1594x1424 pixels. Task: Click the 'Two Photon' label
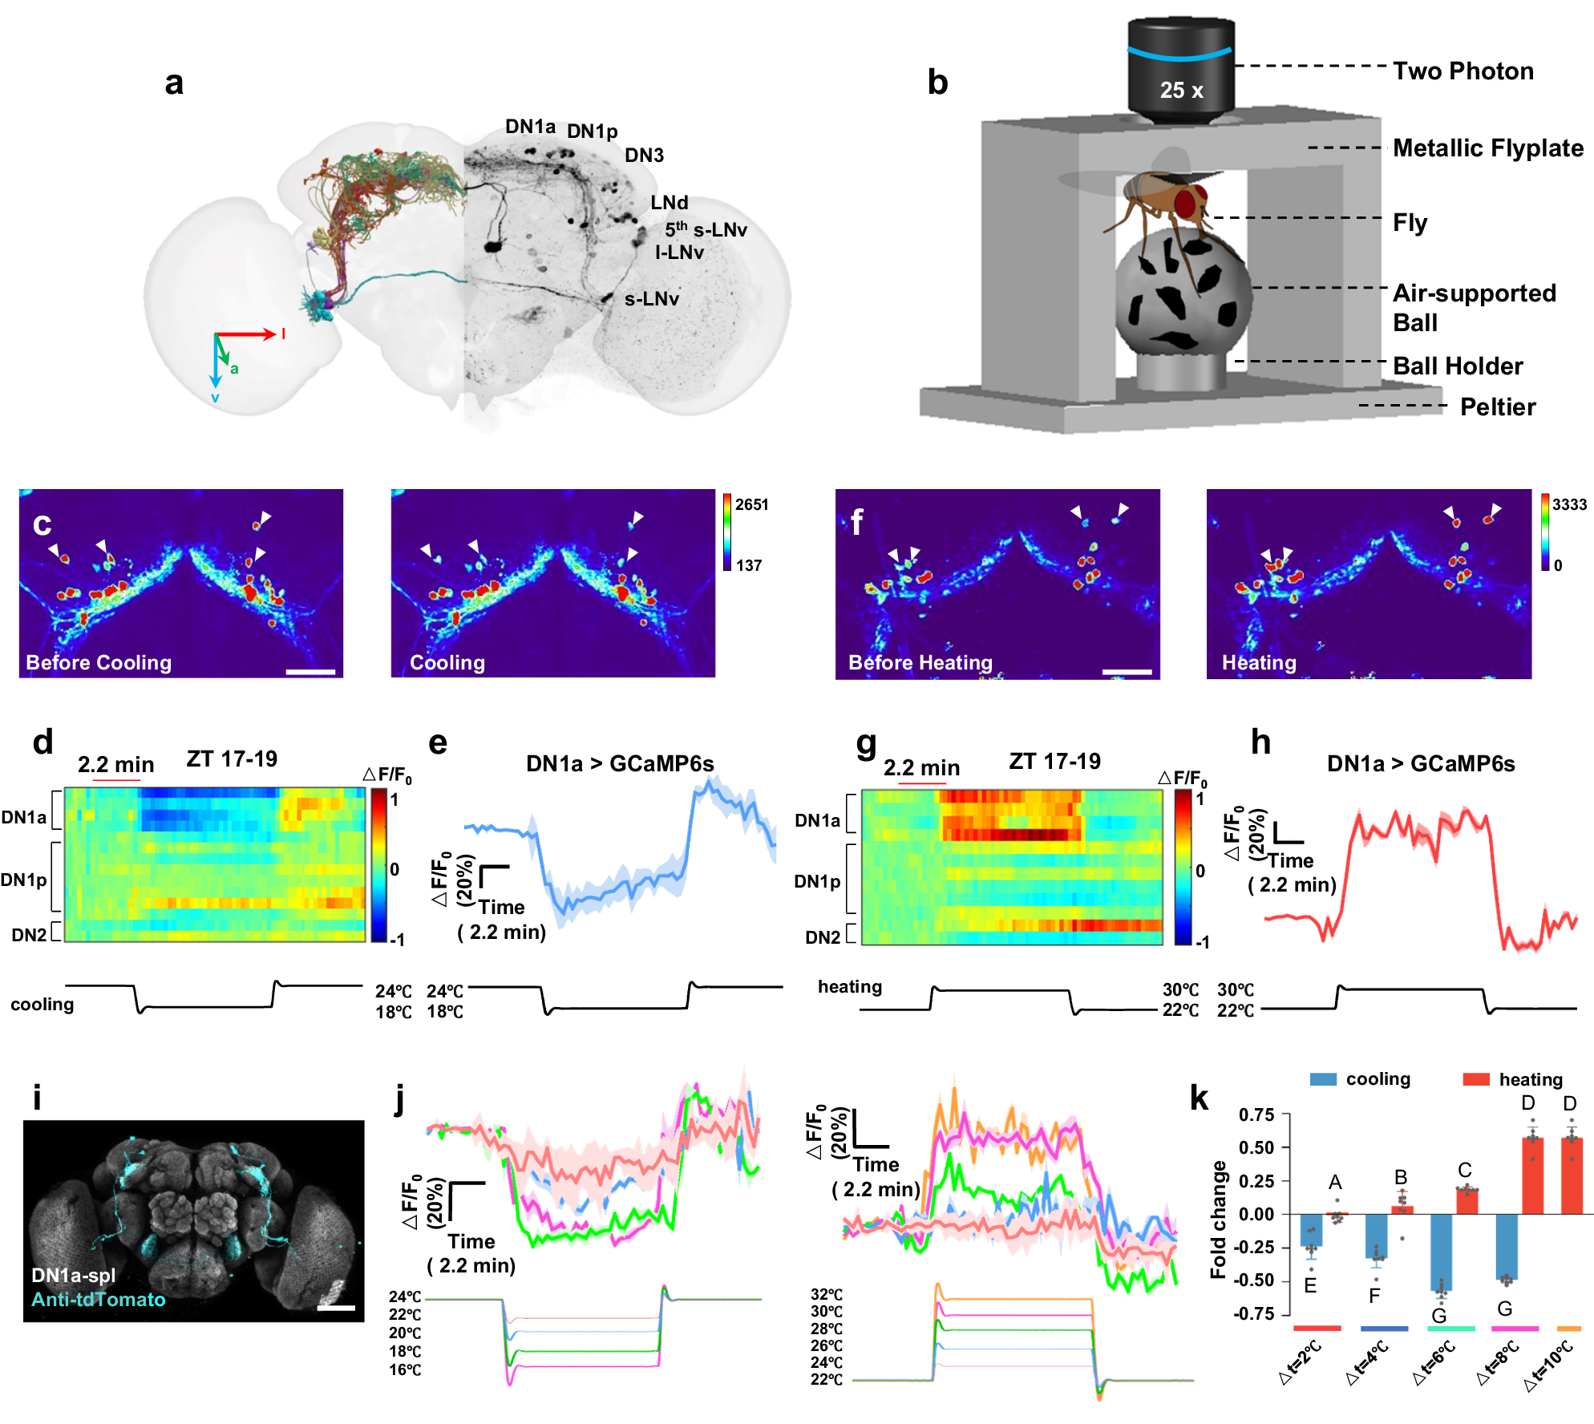(1463, 71)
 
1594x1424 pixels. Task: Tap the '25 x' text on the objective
(1181, 91)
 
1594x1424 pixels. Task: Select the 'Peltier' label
(1497, 407)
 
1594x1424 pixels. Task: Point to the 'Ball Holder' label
(1457, 366)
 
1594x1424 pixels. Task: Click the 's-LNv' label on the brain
(651, 299)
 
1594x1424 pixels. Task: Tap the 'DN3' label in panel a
(644, 156)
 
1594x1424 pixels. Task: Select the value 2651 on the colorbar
(751, 504)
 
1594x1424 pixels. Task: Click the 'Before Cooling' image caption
(99, 662)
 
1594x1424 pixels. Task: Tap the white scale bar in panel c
(310, 672)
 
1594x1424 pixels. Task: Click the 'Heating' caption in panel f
(1258, 662)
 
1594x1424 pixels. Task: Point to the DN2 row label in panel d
(29, 935)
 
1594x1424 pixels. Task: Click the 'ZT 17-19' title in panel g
(1054, 761)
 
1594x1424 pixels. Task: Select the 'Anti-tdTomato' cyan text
(98, 1299)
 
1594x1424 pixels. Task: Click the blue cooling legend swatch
(1323, 1079)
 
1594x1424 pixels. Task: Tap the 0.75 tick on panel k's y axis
(1256, 1115)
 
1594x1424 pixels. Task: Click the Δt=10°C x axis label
(1548, 1366)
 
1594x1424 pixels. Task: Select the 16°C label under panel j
(405, 1369)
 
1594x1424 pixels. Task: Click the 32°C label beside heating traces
(827, 1294)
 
